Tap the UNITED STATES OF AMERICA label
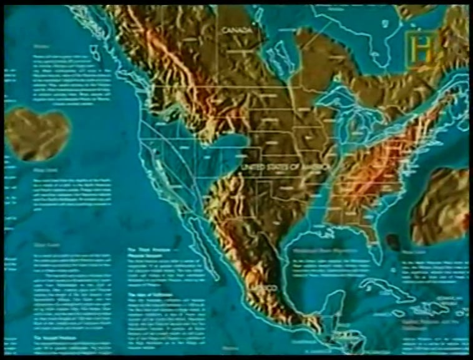coord(286,168)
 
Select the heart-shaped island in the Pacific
coord(37,132)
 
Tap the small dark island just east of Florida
coord(392,241)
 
